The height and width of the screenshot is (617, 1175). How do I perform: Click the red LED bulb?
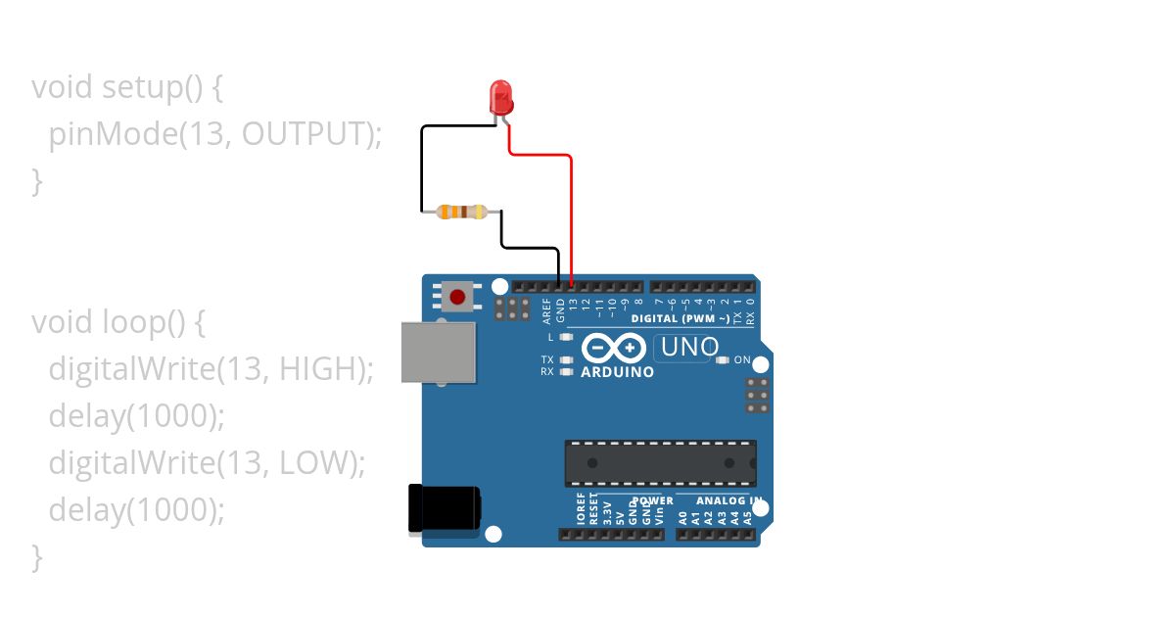coord(501,96)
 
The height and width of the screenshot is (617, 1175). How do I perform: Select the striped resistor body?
coord(461,211)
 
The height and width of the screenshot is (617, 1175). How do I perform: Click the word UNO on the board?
coord(689,347)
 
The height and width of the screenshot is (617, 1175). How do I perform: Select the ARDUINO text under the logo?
coord(617,372)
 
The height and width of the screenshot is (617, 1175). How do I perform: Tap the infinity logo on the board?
coord(614,348)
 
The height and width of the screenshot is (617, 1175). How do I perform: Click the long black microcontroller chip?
coord(660,463)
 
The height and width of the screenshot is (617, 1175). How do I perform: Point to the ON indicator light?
coord(723,360)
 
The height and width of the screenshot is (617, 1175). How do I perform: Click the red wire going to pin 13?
coord(571,215)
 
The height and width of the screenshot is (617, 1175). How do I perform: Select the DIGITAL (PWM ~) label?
coord(680,319)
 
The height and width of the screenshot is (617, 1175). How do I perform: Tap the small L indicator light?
coord(565,337)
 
